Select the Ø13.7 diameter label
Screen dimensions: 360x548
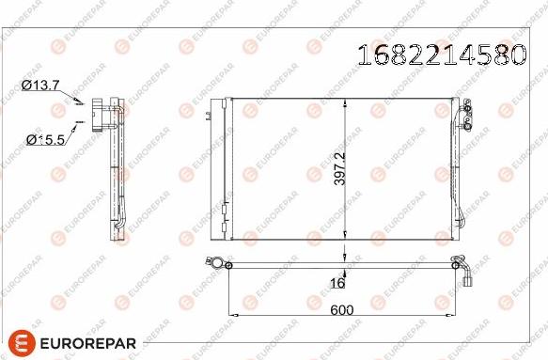tap(40, 86)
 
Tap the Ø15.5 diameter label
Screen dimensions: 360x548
tap(44, 140)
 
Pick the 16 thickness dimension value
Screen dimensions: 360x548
tap(338, 282)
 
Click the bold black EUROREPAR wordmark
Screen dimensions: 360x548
tap(88, 342)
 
